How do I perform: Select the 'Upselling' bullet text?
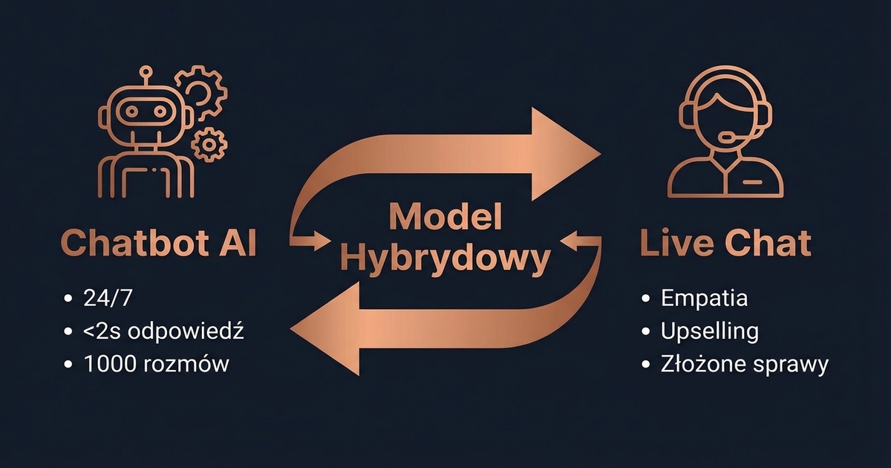(x=709, y=332)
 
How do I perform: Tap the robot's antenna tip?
(x=146, y=72)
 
